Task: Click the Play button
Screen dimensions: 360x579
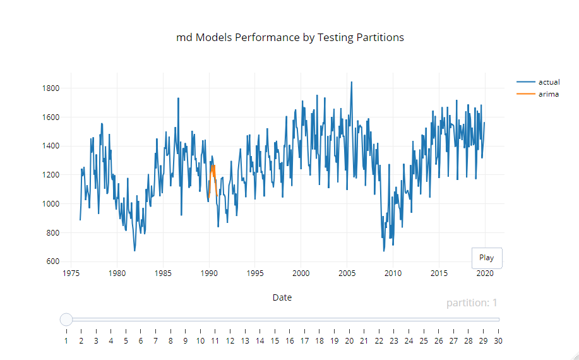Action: coord(486,258)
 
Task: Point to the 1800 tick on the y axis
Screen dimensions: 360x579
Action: coord(51,88)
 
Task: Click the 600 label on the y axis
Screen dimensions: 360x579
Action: coord(53,262)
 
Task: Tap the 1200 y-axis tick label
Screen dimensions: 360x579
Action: coord(51,175)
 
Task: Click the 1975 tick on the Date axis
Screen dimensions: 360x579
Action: coord(71,274)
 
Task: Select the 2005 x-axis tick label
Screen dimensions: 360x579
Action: coord(347,274)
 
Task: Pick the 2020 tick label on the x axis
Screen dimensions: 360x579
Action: coord(485,274)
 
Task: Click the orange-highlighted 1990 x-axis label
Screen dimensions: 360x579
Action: coord(209,274)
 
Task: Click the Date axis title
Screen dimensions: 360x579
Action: coord(282,297)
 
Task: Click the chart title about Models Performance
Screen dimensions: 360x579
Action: coord(290,37)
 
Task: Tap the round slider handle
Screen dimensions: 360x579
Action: coord(66,320)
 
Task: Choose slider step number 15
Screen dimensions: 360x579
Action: coord(275,341)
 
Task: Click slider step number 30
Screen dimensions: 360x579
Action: coord(498,341)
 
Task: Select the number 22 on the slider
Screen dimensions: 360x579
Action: coord(379,341)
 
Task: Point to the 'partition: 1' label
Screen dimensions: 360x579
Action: coord(472,303)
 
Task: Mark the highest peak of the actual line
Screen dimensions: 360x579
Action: coord(351,82)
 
